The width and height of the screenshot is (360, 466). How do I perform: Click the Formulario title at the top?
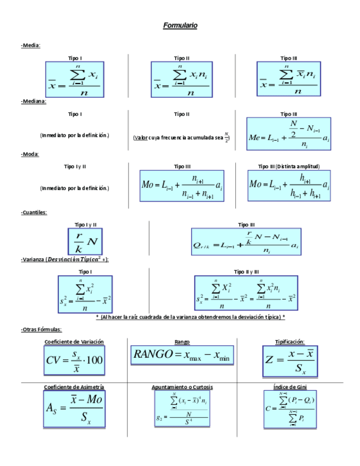pos(180,26)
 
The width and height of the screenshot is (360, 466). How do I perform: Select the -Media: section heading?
pos(31,46)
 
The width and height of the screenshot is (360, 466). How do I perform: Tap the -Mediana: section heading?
pos(34,101)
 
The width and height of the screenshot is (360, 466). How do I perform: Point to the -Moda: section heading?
pos(30,154)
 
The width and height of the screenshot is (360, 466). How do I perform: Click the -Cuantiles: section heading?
pos(34,212)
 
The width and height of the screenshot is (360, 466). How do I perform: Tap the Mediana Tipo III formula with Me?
pos(289,134)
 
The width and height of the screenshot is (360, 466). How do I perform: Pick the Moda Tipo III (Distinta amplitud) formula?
pos(289,185)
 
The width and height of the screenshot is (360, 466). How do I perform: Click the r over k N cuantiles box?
pos(85,240)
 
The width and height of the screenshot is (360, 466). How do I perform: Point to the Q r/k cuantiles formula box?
pos(246,241)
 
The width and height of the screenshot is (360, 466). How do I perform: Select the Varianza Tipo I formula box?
pos(85,294)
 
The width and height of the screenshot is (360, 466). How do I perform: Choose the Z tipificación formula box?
pos(289,361)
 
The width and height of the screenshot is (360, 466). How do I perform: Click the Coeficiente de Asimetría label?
pos(74,387)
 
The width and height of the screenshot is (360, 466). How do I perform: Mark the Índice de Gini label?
pos(289,387)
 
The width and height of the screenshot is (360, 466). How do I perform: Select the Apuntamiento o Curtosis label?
pos(182,387)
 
